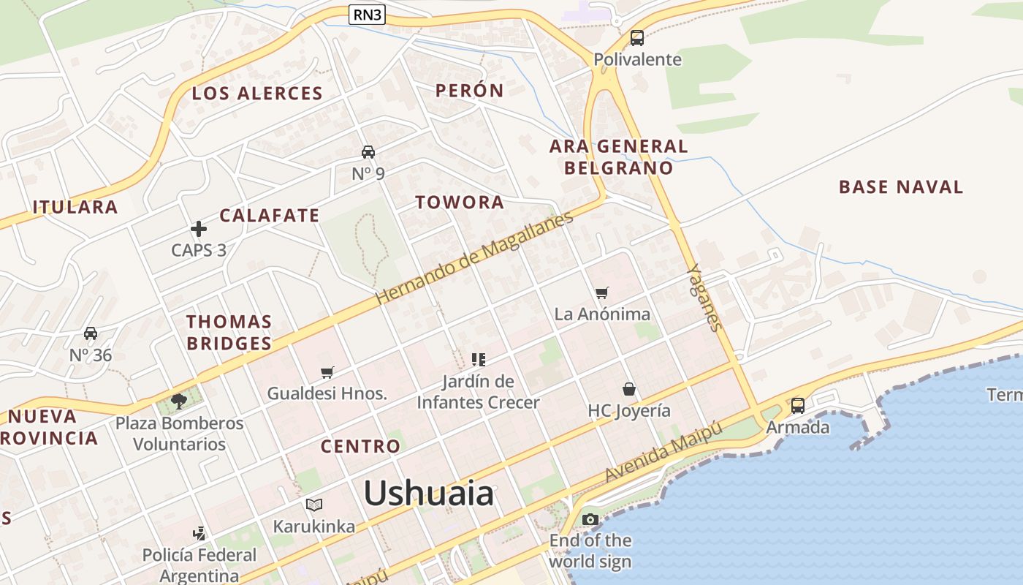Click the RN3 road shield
367,14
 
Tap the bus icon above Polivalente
636,38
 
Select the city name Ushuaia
428,494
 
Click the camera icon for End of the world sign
590,520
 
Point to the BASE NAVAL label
900,187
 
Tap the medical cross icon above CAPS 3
199,229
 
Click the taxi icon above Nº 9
368,152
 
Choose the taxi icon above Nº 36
91,333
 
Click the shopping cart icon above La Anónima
601,293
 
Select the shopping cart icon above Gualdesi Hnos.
327,372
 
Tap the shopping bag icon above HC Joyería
628,389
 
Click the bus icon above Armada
797,405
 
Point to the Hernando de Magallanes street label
474,259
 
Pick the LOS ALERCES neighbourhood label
256,94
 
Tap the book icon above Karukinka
313,505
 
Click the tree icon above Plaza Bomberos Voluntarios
178,401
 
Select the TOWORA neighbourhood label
460,203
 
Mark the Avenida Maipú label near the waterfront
663,452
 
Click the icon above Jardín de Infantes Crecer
479,359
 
